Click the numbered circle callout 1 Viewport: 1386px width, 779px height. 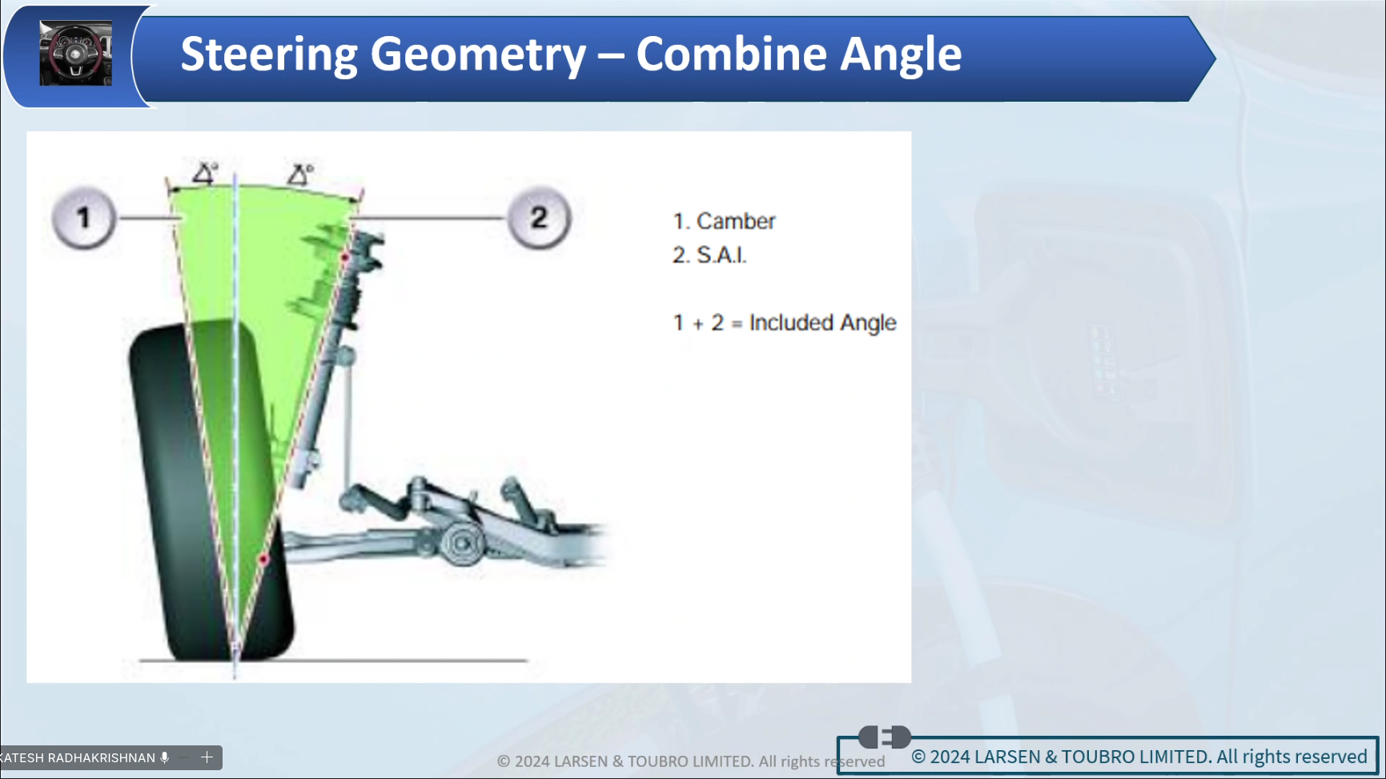[x=84, y=218]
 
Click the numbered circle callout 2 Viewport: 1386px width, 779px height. [x=539, y=218]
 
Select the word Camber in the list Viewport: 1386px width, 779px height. [x=736, y=221]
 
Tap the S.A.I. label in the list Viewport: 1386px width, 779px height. [x=721, y=255]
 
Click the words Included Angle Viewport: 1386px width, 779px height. [x=822, y=323]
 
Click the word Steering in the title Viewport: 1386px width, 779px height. [x=269, y=54]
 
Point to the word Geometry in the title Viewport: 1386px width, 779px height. [x=478, y=54]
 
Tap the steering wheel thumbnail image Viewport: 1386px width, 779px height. [x=76, y=54]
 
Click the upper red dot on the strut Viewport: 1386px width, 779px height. [x=345, y=257]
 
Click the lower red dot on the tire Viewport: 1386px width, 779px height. [x=263, y=559]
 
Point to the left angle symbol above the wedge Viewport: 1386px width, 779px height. [x=206, y=173]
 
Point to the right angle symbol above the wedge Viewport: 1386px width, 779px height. [x=301, y=174]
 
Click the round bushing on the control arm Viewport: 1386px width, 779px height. [x=462, y=544]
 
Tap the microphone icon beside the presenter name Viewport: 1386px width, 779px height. [x=165, y=757]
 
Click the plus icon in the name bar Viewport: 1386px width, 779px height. [x=207, y=757]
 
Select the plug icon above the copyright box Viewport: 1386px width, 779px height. [x=885, y=737]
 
